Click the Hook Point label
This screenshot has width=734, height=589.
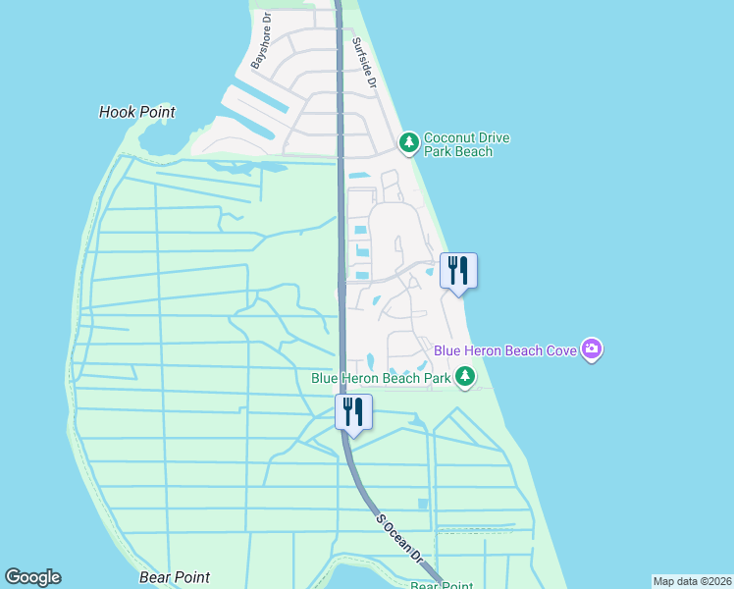pyautogui.click(x=137, y=112)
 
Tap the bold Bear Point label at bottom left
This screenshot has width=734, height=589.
pyautogui.click(x=175, y=577)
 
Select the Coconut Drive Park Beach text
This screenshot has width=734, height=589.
pyautogui.click(x=466, y=145)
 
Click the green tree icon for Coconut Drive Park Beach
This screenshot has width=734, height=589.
pyautogui.click(x=409, y=144)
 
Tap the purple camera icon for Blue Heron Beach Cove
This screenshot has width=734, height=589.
pyautogui.click(x=591, y=348)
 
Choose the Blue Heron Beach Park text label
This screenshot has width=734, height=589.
pyautogui.click(x=381, y=377)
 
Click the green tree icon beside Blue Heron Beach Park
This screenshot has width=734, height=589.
pyautogui.click(x=465, y=377)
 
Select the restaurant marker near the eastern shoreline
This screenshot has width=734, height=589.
pyautogui.click(x=458, y=270)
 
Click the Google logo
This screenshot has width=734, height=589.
pyautogui.click(x=32, y=577)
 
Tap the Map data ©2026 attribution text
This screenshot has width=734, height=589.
pyautogui.click(x=692, y=580)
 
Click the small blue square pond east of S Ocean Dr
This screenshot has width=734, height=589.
pyautogui.click(x=422, y=504)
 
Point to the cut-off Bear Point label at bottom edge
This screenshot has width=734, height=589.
pyautogui.click(x=442, y=585)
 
